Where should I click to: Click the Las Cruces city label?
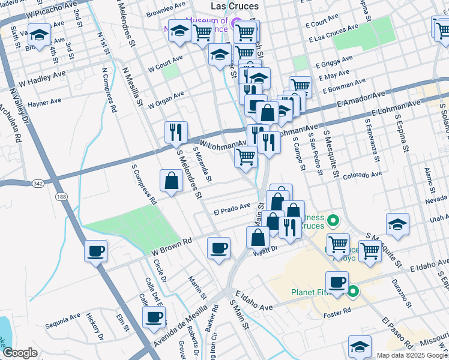(235, 6)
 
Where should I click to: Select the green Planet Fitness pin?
(353, 292)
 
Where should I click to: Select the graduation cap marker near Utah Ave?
(397, 224)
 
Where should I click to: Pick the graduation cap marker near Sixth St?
(40, 36)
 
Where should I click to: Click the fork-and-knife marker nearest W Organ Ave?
(176, 132)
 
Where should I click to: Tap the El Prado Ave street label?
(232, 208)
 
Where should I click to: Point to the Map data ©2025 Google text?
(411, 355)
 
